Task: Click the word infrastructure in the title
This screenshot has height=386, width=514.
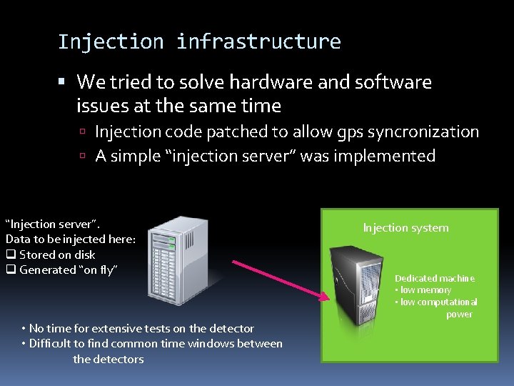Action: (x=258, y=41)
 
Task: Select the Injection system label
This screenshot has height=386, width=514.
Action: (x=405, y=228)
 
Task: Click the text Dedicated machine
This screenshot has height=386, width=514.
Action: (x=435, y=278)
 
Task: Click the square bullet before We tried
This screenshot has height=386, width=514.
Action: (x=65, y=82)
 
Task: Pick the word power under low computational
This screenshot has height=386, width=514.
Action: (x=459, y=315)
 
